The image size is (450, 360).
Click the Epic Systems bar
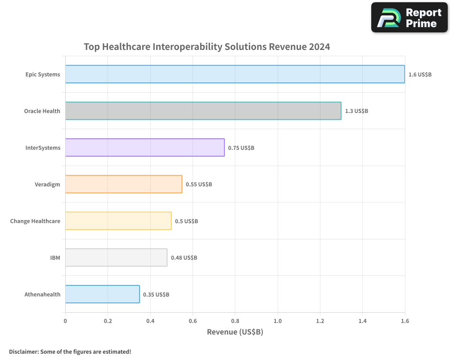235,74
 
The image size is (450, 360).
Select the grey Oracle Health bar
203,111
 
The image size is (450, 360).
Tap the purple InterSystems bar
145,148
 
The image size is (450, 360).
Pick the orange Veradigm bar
124,184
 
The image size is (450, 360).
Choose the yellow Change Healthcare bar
118,221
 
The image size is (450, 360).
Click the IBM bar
116,257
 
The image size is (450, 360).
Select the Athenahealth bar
103,294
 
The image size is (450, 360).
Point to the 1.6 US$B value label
420,74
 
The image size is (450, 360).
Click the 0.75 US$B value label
241,148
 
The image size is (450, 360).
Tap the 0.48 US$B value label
184,257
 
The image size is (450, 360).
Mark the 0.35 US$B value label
156,294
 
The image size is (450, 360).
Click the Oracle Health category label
42,111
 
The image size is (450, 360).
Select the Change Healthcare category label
35,221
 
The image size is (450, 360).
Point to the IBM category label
55,258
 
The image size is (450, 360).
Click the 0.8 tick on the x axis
235,321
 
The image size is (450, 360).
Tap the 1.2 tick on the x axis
320,321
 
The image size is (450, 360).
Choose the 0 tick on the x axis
65,321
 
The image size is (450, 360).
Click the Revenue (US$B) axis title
235,332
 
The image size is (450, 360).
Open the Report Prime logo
409,18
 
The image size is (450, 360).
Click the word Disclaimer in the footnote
23,351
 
